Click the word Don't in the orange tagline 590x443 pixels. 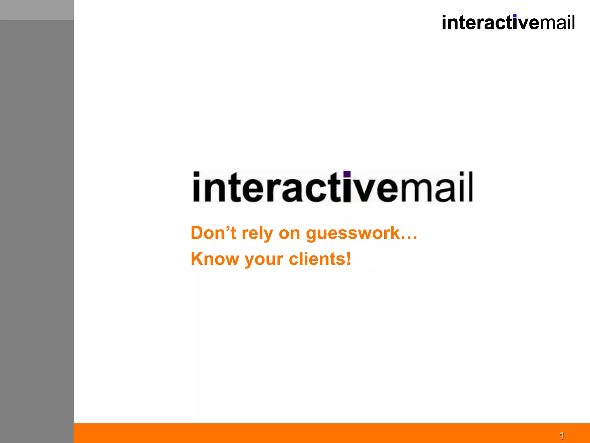tap(213, 233)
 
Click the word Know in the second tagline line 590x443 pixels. tap(215, 259)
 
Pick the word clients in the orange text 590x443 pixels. tap(317, 259)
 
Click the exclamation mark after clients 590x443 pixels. tap(348, 258)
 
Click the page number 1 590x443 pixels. tap(561, 435)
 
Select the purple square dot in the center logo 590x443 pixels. tap(347, 174)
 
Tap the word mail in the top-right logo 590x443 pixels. tap(557, 23)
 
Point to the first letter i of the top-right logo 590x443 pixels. tap(444, 23)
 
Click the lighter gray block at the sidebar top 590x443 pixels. tap(37, 10)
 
